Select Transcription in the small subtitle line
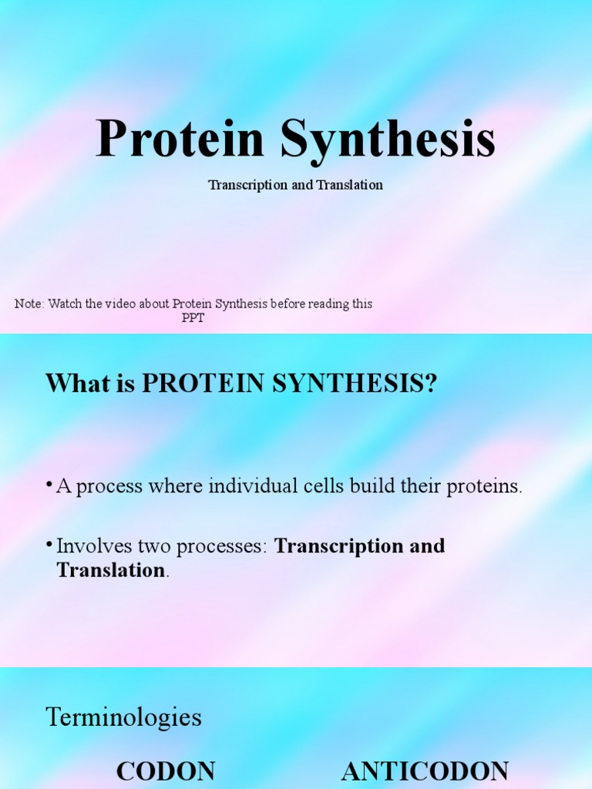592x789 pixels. pos(248,186)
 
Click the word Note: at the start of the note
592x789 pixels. pos(29,304)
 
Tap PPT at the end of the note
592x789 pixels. pos(193,318)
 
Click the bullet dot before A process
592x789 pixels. pos(50,485)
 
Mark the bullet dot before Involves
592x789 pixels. pos(50,546)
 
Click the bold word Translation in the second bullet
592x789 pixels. pos(111,571)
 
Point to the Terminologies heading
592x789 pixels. pos(124,718)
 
